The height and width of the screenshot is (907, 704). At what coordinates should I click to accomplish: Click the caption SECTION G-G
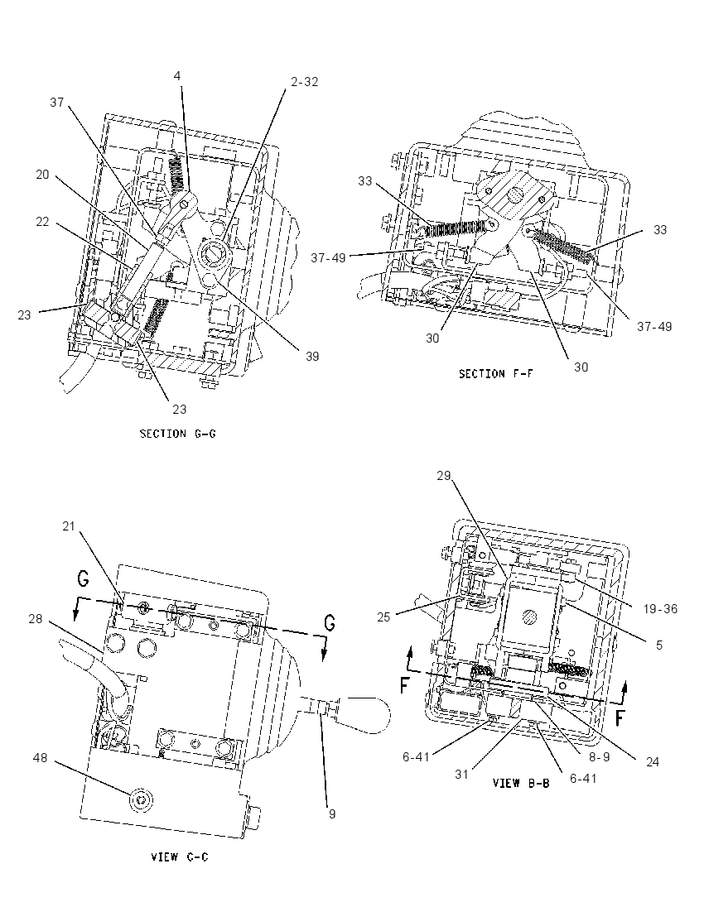[x=178, y=434]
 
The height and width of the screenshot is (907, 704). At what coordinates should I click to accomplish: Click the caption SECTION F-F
[x=495, y=374]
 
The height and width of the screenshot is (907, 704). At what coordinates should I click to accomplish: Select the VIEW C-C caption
[x=179, y=857]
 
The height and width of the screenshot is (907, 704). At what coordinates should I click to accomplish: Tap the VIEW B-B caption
[x=520, y=783]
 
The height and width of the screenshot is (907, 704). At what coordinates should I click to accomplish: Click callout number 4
[x=178, y=75]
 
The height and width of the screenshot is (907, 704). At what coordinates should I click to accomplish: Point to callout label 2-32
[x=304, y=82]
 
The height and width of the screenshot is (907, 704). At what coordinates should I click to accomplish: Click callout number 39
[x=312, y=357]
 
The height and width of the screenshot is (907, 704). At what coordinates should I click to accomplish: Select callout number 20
[x=42, y=174]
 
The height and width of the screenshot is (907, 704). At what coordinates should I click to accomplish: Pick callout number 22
[x=42, y=222]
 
